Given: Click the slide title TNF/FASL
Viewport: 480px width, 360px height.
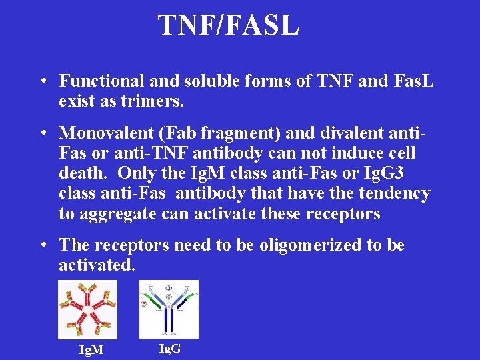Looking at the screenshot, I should pyautogui.click(x=228, y=25).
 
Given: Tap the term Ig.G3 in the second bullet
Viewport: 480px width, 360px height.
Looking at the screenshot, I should pyautogui.click(x=387, y=173).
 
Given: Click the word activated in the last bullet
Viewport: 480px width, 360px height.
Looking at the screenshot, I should pyautogui.click(x=96, y=265).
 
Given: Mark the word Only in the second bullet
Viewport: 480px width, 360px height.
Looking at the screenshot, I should pyautogui.click(x=138, y=173).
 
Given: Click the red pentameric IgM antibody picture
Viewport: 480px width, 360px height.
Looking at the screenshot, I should pyautogui.click(x=88, y=309).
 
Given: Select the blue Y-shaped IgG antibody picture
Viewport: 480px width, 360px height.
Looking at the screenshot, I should pyautogui.click(x=169, y=309).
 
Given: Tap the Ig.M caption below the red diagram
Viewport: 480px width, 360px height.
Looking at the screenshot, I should pyautogui.click(x=91, y=350).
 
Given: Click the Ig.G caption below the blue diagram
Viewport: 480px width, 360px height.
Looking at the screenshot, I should pyautogui.click(x=169, y=347).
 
